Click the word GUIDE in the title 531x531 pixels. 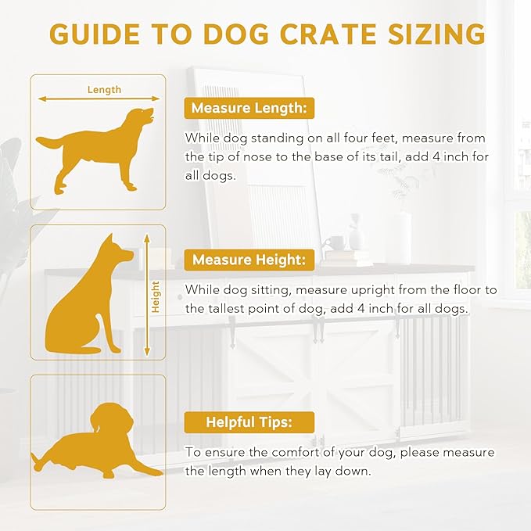95,34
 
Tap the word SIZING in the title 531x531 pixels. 436,34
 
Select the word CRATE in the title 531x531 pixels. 328,34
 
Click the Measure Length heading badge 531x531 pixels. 249,108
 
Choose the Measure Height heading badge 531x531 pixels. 249,260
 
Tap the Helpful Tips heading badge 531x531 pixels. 249,422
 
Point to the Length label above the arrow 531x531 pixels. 104,90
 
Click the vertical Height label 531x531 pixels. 156,297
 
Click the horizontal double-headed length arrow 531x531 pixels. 99,99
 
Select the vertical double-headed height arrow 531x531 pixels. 147,295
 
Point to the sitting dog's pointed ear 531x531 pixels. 109,240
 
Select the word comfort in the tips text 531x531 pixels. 295,453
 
